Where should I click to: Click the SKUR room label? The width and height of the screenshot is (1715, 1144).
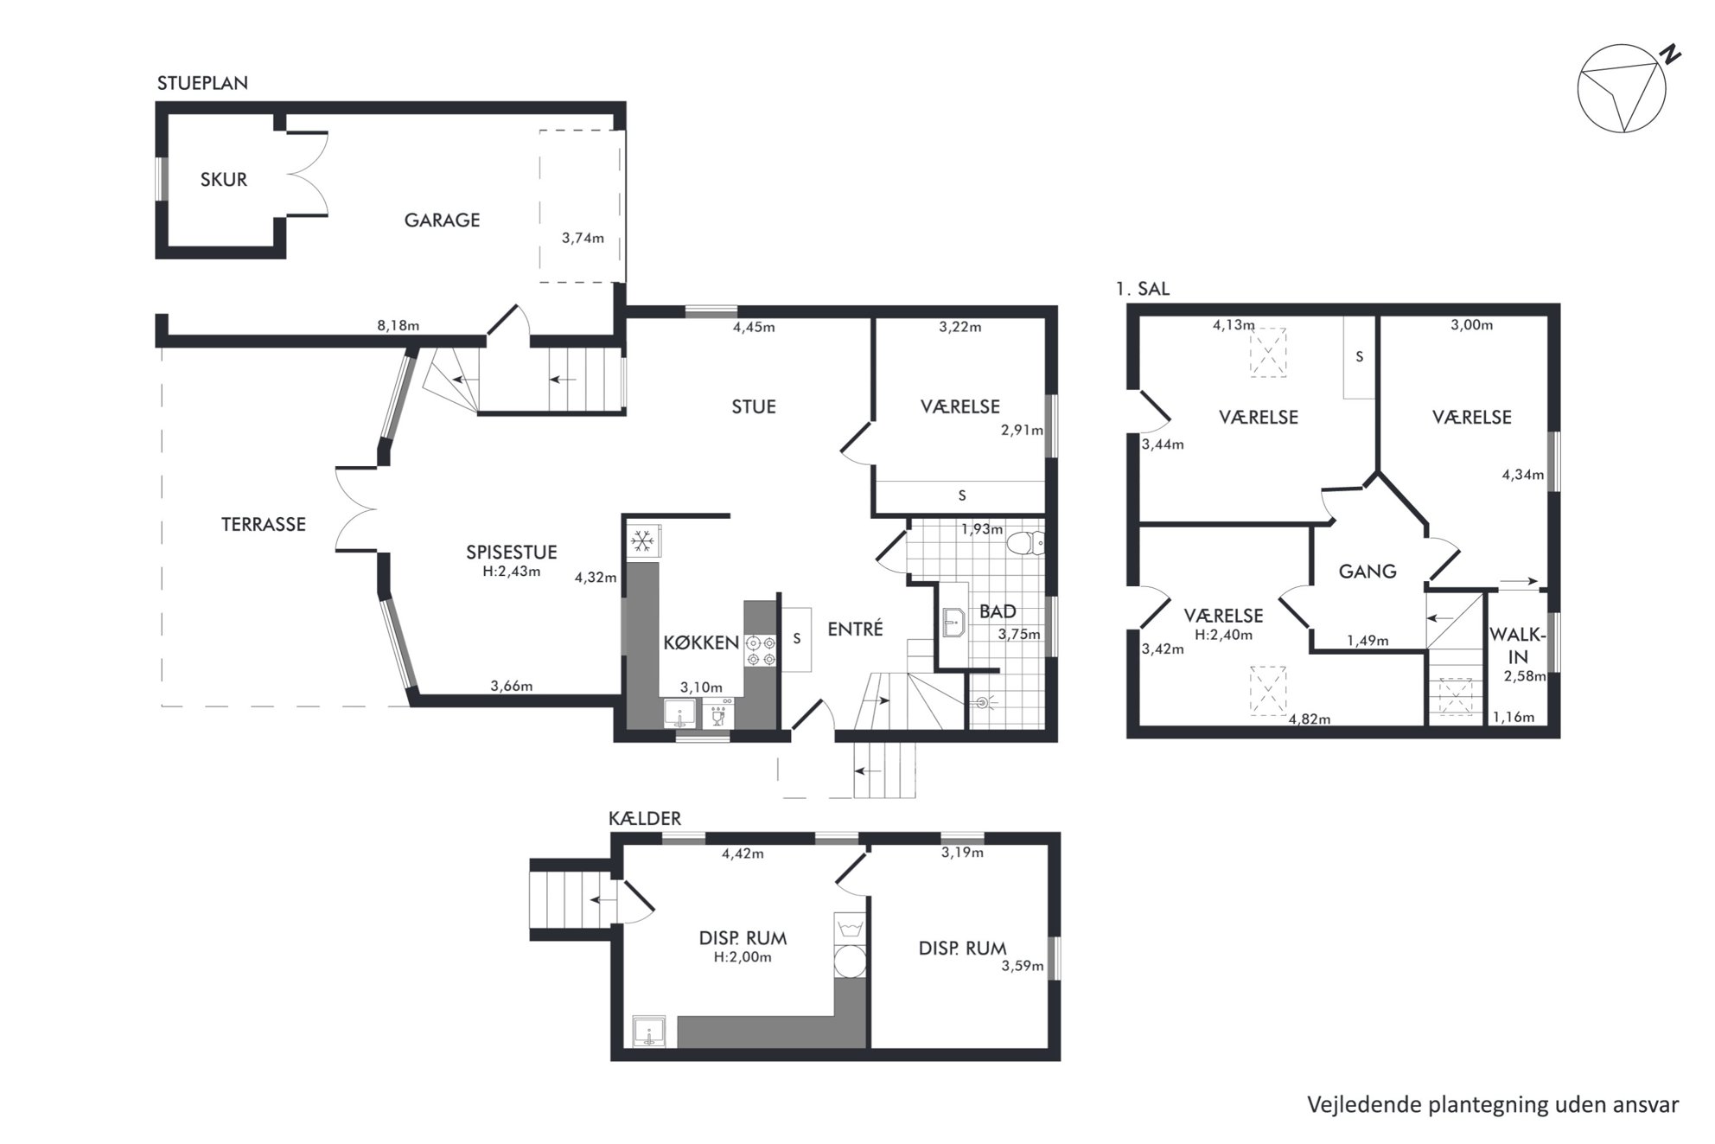(x=224, y=180)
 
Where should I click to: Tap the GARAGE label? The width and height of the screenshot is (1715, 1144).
(x=442, y=220)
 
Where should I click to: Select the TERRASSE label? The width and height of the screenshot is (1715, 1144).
(x=264, y=524)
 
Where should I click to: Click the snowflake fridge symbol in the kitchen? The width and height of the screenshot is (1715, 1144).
(x=641, y=542)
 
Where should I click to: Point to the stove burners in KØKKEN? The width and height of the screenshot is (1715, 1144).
(x=761, y=650)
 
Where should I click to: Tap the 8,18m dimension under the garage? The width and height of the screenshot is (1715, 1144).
(x=398, y=326)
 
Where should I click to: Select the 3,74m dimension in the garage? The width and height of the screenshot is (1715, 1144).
(x=583, y=239)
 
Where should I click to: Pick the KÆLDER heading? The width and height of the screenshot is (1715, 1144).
(x=645, y=818)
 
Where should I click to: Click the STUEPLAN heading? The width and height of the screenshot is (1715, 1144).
(x=202, y=83)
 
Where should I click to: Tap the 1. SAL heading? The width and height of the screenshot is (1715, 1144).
(x=1142, y=289)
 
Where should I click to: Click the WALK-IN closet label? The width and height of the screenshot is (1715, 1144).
(x=1518, y=645)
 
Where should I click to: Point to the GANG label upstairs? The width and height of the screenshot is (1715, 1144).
(x=1368, y=572)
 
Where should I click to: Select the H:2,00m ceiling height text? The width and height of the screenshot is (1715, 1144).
(x=743, y=957)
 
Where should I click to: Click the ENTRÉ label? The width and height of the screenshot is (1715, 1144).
(x=855, y=629)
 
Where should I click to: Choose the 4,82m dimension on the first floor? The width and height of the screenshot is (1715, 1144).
(x=1310, y=719)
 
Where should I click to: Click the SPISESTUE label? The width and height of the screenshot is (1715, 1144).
(x=512, y=552)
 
